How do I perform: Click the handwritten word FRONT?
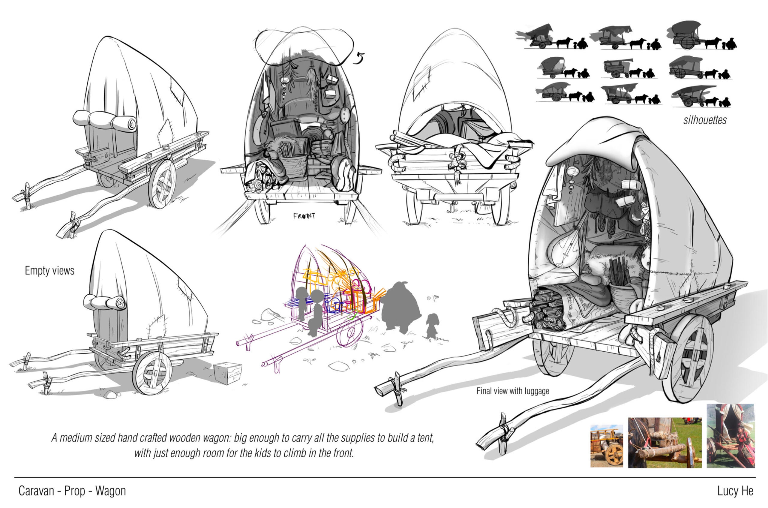(x=304, y=216)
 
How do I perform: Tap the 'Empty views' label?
(x=49, y=271)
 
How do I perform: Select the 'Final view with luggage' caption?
(x=513, y=391)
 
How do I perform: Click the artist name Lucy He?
(x=735, y=491)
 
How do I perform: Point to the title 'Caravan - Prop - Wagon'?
(x=72, y=491)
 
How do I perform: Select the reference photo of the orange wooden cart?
(x=606, y=446)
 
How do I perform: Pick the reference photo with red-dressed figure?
(x=731, y=436)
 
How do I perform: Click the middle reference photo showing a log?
(x=665, y=443)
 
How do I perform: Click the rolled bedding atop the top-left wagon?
(x=104, y=121)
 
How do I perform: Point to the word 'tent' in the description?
(x=423, y=438)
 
